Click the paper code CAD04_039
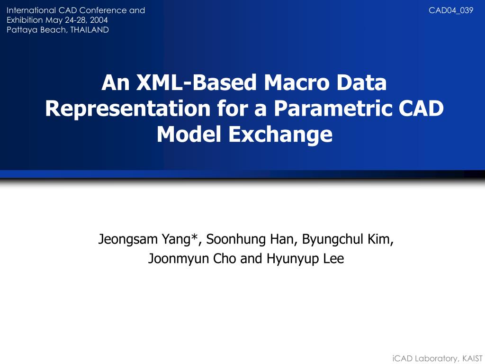pos(451,10)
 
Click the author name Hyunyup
pos(286,259)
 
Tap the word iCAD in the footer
pos(403,358)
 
